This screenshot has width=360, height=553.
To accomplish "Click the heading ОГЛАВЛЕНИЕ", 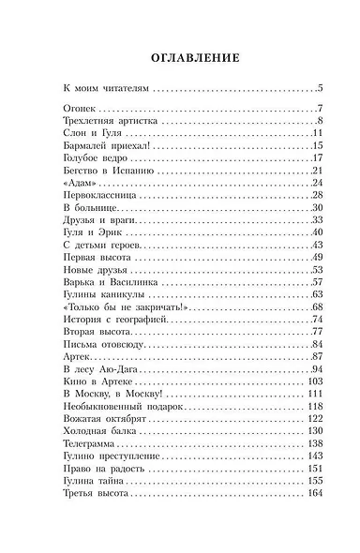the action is click(179, 56).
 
